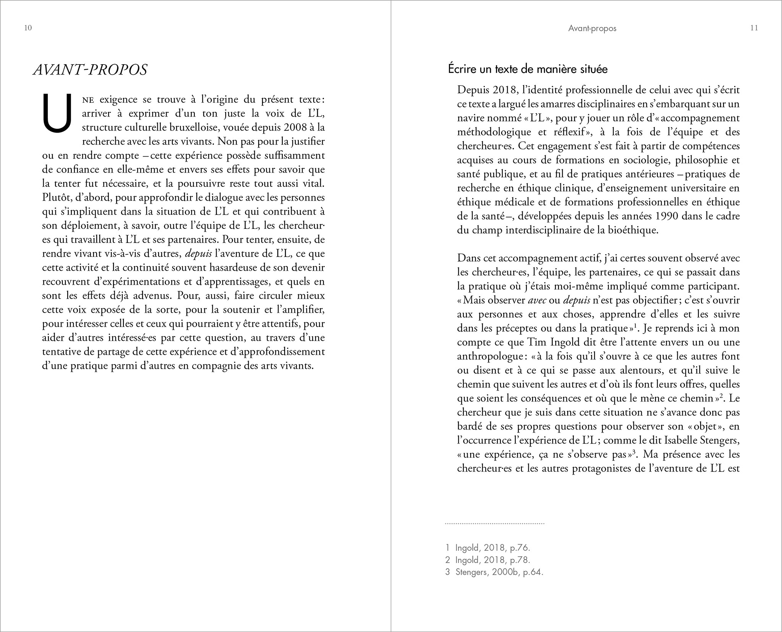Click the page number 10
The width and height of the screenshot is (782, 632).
(x=28, y=28)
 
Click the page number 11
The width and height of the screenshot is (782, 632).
(x=754, y=28)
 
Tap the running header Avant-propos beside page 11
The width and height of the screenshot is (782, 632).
(x=592, y=28)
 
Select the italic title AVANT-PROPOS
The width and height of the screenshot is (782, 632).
(x=90, y=70)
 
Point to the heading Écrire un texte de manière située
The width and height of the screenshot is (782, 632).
(x=528, y=70)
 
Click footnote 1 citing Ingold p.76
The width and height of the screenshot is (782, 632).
(x=487, y=548)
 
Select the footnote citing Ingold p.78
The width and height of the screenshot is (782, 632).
(x=487, y=560)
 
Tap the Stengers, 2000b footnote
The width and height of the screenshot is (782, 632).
(x=494, y=572)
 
